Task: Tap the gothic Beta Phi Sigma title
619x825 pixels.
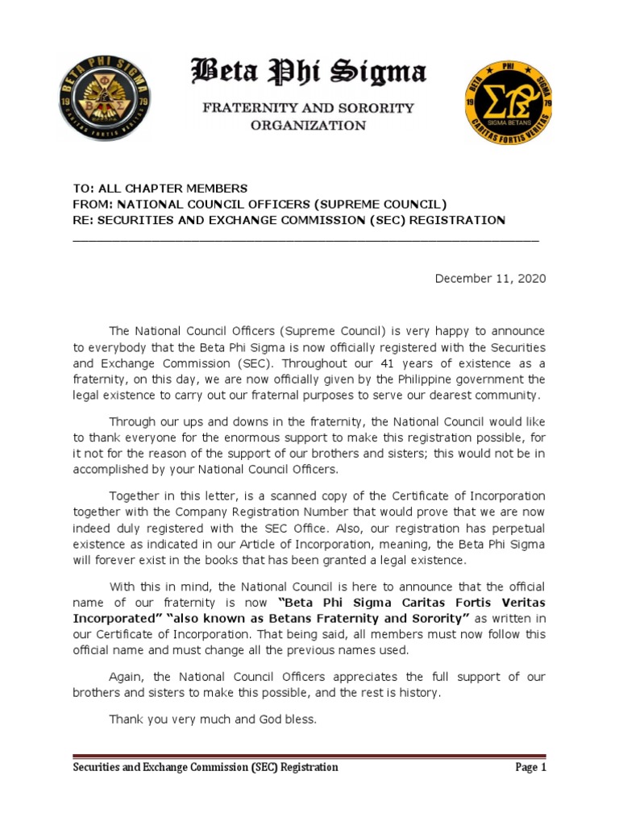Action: click(307, 74)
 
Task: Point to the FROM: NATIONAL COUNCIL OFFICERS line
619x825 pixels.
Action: click(259, 205)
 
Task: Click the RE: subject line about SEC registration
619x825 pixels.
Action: click(289, 220)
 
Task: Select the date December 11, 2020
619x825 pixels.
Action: click(490, 279)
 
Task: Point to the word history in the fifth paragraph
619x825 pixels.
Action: click(418, 692)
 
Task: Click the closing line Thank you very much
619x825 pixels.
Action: click(213, 719)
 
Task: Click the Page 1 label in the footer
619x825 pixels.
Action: click(530, 767)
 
